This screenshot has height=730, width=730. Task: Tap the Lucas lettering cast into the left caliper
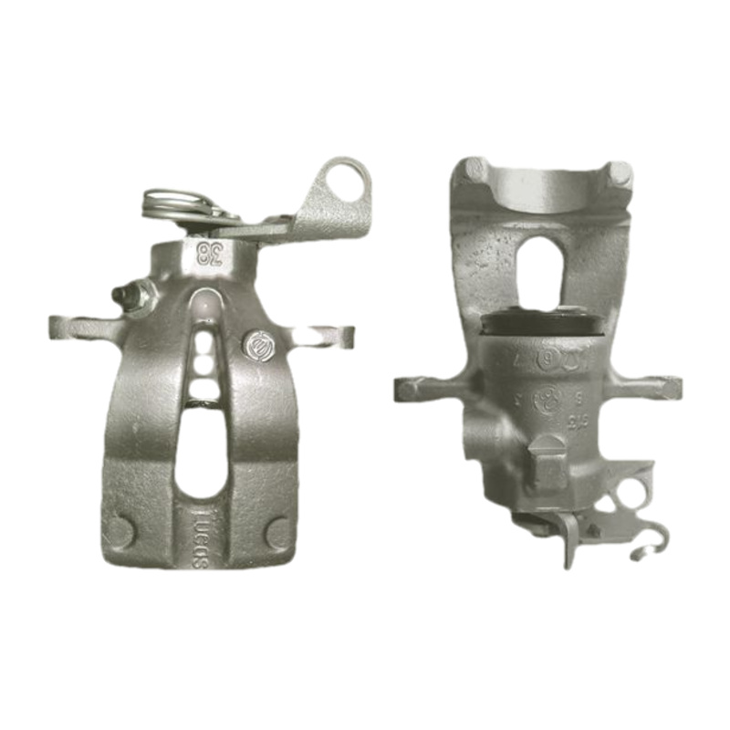point(201,538)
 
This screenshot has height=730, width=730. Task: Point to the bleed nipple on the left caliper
point(128,295)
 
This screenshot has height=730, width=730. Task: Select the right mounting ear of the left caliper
point(334,335)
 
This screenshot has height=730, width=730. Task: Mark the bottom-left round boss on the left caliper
point(122,530)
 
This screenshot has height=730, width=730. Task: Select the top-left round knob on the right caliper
point(473,170)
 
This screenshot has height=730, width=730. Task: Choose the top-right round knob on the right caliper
point(620,172)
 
